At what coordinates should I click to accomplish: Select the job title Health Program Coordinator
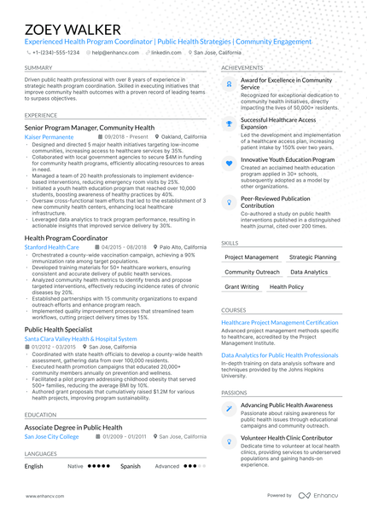(x=72, y=239)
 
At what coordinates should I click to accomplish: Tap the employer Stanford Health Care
(x=52, y=247)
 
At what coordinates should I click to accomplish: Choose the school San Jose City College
(x=51, y=436)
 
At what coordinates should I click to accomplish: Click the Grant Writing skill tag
(x=242, y=287)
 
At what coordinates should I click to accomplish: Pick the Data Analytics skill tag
(x=308, y=272)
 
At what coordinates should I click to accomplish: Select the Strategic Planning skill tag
(x=312, y=256)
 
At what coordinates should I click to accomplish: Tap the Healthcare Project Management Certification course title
(x=279, y=323)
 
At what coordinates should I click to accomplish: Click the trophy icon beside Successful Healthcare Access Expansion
(x=229, y=124)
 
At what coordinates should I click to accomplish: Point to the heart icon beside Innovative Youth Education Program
(x=229, y=161)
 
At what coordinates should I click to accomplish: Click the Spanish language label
(x=130, y=467)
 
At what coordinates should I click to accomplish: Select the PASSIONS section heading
(x=234, y=393)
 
